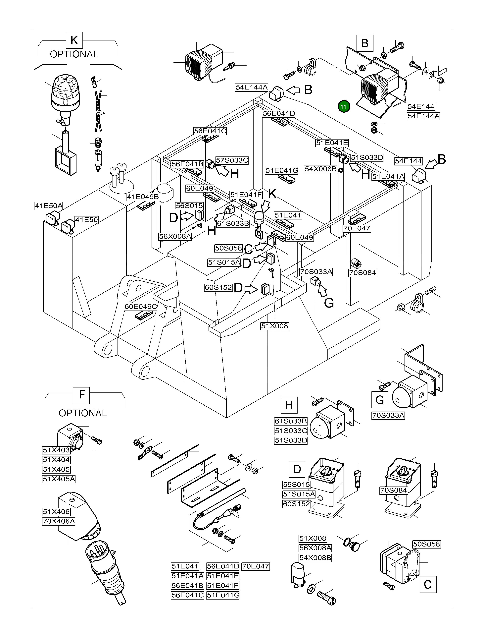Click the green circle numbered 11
click(344, 107)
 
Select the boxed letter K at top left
click(74, 40)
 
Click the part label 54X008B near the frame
click(320, 169)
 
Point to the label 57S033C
click(232, 160)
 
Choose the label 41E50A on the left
click(48, 206)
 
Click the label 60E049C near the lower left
click(141, 307)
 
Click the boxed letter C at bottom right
click(428, 585)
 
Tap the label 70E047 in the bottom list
click(256, 566)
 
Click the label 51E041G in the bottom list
click(223, 595)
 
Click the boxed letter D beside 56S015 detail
click(297, 469)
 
